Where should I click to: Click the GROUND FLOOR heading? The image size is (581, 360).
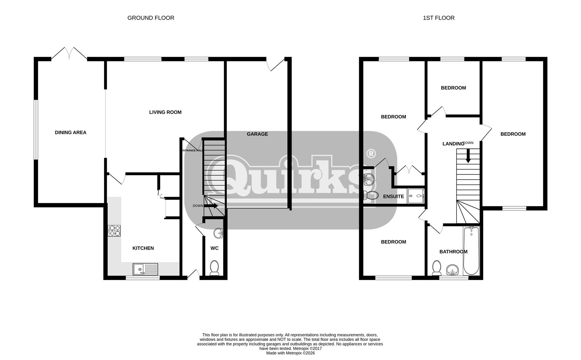[x=151, y=18]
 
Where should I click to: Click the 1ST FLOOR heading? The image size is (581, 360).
[x=439, y=18]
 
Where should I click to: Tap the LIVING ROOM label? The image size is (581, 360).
[x=165, y=112]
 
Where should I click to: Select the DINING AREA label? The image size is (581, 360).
[x=71, y=133]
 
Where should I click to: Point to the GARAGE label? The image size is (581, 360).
[x=257, y=134]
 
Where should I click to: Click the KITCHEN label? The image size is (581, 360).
[x=143, y=248]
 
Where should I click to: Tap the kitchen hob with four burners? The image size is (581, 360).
[x=114, y=231]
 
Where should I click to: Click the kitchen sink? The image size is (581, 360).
[x=145, y=269]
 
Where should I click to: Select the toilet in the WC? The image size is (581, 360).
[x=214, y=268]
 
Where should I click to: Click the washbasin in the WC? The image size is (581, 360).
[x=218, y=233]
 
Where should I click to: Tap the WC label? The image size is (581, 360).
[x=214, y=248]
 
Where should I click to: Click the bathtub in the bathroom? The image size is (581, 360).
[x=471, y=250]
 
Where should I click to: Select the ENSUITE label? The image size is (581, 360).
[x=394, y=197]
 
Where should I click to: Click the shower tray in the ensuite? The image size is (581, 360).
[x=416, y=196]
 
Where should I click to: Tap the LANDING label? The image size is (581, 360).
[x=453, y=144]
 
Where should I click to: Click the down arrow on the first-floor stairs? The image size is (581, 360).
[x=468, y=155]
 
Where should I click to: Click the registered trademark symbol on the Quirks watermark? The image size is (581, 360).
[x=371, y=154]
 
